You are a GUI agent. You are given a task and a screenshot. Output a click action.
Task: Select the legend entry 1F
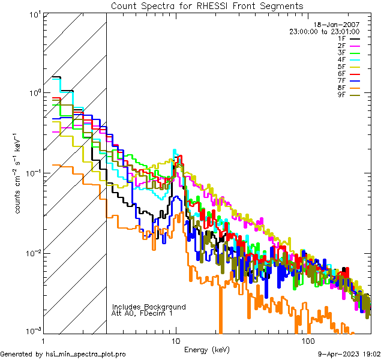pos(343,39)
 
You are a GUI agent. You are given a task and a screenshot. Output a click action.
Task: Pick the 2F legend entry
pos(343,46)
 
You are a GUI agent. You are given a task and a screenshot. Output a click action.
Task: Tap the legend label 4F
pos(343,59)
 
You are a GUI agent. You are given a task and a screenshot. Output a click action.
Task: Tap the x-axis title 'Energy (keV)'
pos(207,349)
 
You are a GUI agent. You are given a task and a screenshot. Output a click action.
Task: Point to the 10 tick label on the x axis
pos(175,341)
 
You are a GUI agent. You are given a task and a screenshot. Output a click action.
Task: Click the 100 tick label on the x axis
pos(308,341)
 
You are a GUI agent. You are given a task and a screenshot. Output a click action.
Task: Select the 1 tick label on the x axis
pos(43,341)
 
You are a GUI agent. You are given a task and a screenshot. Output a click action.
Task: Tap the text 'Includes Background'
pos(149,307)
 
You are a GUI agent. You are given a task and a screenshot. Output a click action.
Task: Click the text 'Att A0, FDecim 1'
pos(142,313)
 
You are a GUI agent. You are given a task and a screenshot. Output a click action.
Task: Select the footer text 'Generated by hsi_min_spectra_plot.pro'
pos(63,354)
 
